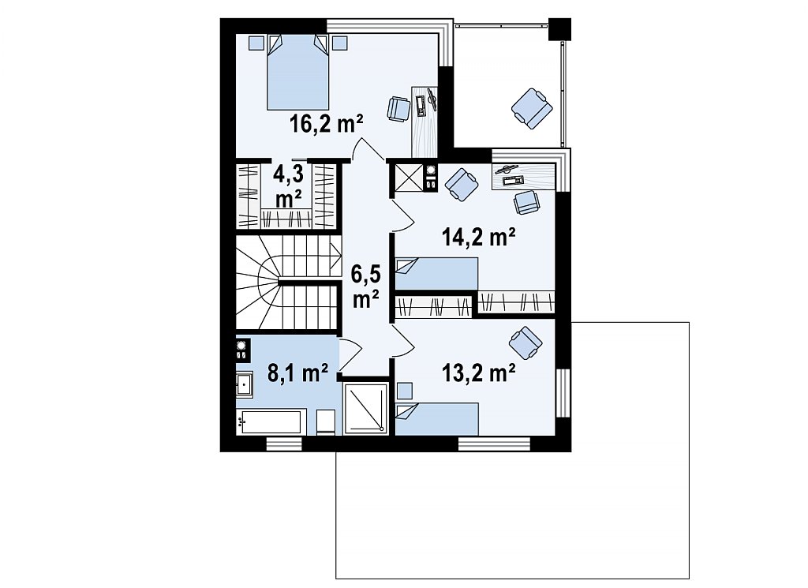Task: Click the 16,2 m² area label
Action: pos(327,124)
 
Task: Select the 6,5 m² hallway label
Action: pos(366,286)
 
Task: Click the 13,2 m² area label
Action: pos(479,373)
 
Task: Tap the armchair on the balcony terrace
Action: pos(532,107)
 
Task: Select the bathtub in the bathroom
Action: pos(268,422)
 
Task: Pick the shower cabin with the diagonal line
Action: pos(365,407)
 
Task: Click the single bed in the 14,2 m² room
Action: pos(436,274)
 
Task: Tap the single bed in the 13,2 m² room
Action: pos(437,419)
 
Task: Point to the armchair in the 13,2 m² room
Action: pos(526,343)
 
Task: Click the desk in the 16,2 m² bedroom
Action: pos(425,121)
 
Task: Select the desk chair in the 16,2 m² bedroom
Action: pos(398,109)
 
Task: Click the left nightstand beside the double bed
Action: pos(256,43)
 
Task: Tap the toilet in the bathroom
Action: pos(326,422)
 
